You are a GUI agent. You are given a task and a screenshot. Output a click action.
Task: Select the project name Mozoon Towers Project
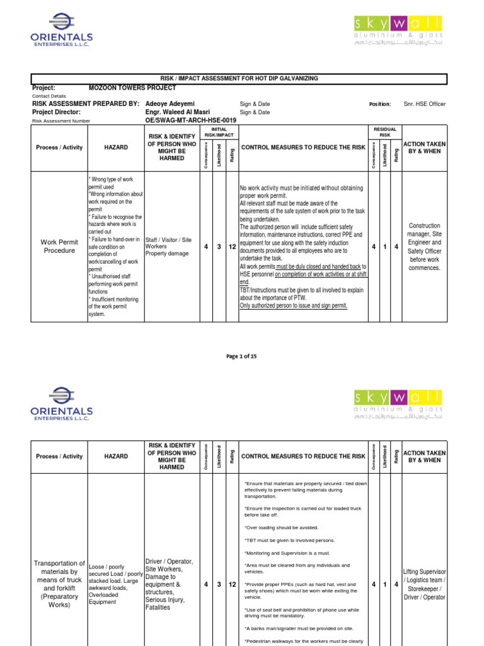tap(132, 88)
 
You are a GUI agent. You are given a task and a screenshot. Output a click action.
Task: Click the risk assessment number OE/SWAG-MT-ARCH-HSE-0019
tap(181, 120)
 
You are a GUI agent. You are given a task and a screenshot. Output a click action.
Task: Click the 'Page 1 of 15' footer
tap(241, 356)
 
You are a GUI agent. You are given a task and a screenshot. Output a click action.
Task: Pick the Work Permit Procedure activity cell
tap(59, 246)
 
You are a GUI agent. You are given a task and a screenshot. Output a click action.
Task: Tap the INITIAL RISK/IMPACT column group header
tap(220, 132)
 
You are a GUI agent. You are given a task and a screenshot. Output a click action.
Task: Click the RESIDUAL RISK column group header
tap(384, 132)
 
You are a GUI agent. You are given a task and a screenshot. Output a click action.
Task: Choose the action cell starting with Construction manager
tap(425, 246)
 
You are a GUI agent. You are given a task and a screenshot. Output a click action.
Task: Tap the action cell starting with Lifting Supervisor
tap(424, 585)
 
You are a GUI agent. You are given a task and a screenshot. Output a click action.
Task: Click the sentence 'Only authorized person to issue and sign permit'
tap(293, 306)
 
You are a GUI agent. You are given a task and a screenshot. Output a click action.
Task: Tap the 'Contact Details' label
tap(49, 96)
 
